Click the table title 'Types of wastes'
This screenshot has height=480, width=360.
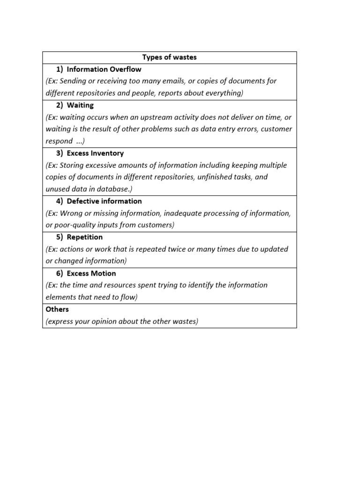(169, 57)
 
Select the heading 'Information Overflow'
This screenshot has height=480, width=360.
(104, 69)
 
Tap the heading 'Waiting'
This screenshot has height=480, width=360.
(80, 105)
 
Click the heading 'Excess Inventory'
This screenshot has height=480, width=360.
(95, 153)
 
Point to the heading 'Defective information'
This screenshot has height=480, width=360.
(104, 201)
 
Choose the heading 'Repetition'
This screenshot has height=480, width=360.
(84, 237)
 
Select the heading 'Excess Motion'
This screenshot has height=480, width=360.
(91, 273)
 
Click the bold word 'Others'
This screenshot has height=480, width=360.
(57, 309)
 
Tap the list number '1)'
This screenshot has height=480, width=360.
(60, 69)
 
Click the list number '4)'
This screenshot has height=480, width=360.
(60, 201)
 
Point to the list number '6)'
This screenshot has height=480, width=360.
(60, 273)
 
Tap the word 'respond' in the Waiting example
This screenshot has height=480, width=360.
(59, 141)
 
